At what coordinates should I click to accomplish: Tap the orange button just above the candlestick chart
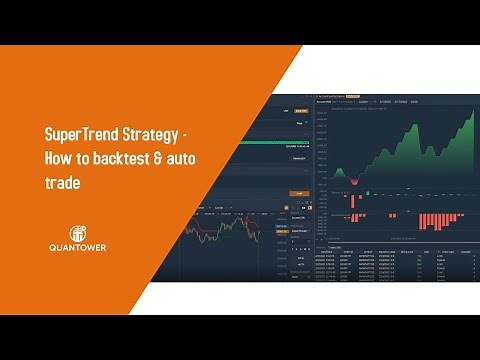point(297,194)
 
